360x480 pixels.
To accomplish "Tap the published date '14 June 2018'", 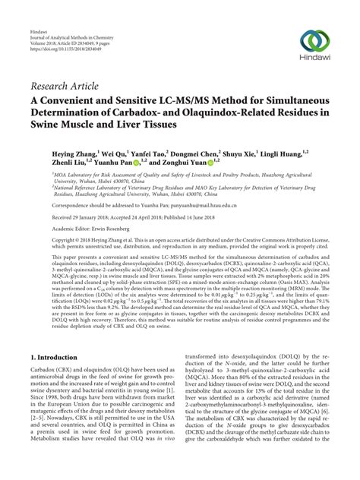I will (221, 216).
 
